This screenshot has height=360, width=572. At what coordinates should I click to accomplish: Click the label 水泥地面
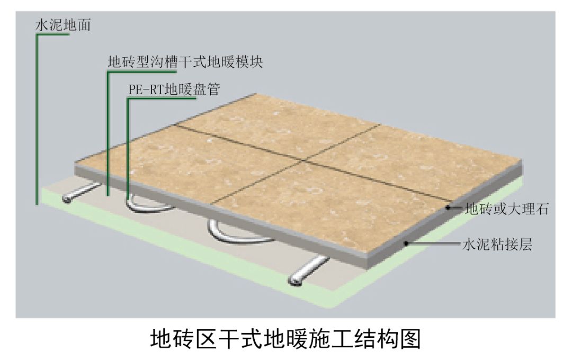(x=62, y=25)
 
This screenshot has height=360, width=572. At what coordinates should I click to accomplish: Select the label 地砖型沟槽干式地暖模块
(x=185, y=61)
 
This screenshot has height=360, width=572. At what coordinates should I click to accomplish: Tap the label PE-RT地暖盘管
(x=174, y=89)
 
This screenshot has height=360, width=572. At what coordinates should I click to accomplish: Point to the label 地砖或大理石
(x=507, y=209)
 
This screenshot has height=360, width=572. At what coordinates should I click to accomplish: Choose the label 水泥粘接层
(x=497, y=244)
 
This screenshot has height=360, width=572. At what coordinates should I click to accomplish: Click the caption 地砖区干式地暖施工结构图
(x=285, y=339)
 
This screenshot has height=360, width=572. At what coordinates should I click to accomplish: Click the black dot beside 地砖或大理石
(x=448, y=208)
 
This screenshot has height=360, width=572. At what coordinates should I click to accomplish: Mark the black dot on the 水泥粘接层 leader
(x=406, y=243)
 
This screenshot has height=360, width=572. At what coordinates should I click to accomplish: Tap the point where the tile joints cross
(x=303, y=160)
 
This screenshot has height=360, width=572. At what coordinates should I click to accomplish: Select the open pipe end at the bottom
(x=295, y=280)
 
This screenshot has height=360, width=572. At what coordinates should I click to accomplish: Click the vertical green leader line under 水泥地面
(x=37, y=119)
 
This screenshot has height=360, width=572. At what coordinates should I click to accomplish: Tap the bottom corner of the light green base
(x=330, y=308)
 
